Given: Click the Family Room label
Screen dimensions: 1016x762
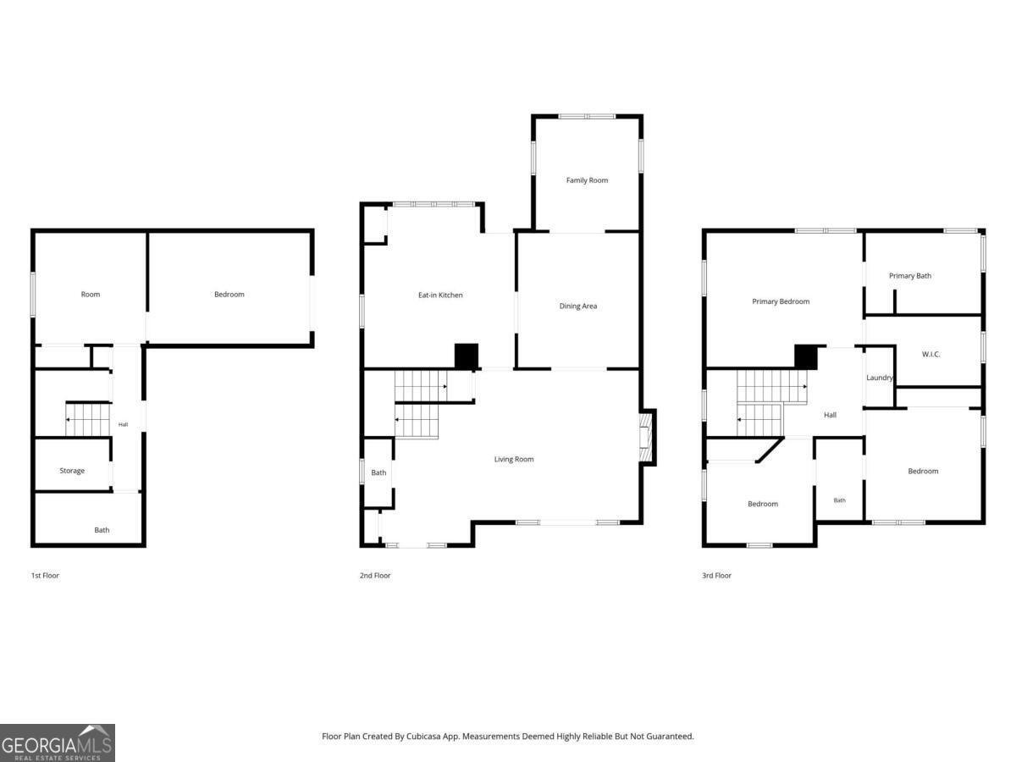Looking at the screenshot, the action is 587,180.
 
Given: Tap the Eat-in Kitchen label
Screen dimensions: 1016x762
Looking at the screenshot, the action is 440,295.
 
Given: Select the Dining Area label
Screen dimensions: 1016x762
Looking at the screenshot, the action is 578,306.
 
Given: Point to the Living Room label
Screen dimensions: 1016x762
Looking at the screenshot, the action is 514,460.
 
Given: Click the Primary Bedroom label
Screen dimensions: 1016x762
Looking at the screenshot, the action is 781,301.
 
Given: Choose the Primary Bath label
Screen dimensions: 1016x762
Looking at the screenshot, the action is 910,276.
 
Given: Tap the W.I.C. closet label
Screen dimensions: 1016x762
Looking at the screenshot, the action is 930,355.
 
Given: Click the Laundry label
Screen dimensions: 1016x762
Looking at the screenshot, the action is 880,378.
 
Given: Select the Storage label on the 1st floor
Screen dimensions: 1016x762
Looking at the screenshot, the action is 72,471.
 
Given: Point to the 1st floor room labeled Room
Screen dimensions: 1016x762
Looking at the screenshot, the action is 91,295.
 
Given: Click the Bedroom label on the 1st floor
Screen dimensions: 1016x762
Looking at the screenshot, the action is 229,295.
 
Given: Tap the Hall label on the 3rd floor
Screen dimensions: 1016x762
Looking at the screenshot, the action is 830,415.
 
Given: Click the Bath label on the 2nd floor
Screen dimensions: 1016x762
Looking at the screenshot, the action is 378,472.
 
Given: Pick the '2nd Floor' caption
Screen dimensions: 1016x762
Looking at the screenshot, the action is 375,576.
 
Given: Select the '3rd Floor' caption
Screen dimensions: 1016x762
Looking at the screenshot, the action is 716,576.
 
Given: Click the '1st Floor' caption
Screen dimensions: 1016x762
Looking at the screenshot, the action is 45,576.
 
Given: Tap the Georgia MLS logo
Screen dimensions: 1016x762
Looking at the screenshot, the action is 58,743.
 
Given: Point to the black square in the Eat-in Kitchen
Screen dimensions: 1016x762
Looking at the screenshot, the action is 467,356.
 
